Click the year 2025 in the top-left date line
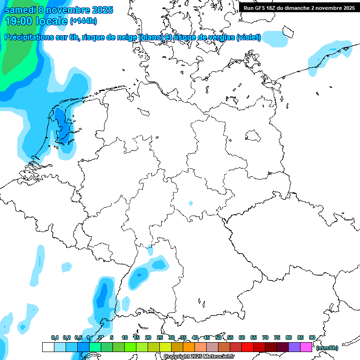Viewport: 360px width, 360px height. pyautogui.click(x=99, y=10)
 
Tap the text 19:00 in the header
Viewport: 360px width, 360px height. pyautogui.click(x=19, y=21)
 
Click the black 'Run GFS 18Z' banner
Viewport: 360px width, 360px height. pyautogui.click(x=299, y=7)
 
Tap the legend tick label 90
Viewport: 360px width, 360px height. pyautogui.click(x=312, y=337)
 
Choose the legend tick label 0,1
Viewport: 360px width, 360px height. pyautogui.click(x=54, y=337)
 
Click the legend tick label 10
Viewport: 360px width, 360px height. pyautogui.click(x=125, y=337)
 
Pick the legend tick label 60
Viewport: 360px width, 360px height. pyautogui.click(x=242, y=337)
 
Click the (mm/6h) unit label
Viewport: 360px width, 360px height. pyautogui.click(x=327, y=348)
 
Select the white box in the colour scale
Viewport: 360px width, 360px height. pyautogui.click(x=48, y=347)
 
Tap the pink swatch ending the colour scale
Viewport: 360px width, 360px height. pyautogui.click(x=306, y=347)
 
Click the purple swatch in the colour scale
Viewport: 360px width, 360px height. pyautogui.click(x=294, y=347)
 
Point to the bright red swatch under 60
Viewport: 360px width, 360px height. pyautogui.click(x=247, y=347)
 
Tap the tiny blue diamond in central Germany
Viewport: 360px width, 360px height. pyautogui.click(x=190, y=203)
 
